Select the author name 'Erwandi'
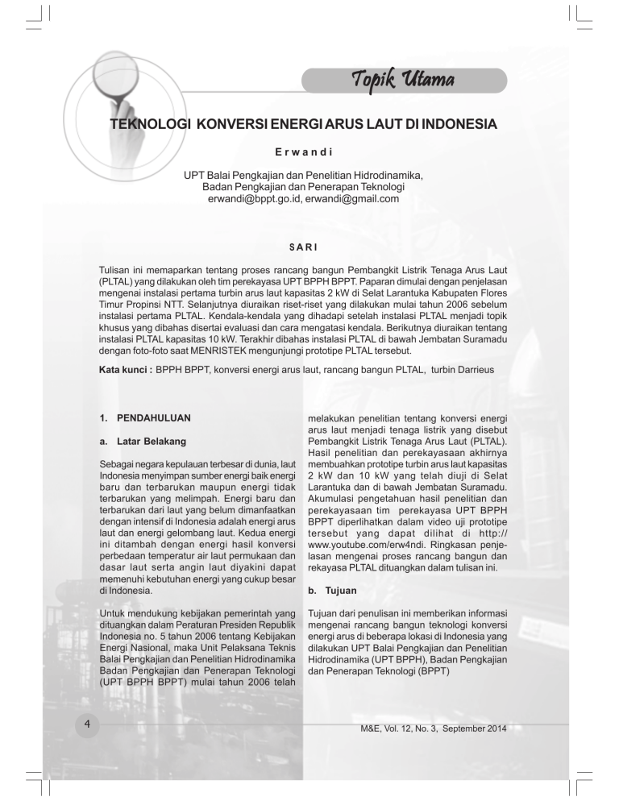point(309,151)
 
